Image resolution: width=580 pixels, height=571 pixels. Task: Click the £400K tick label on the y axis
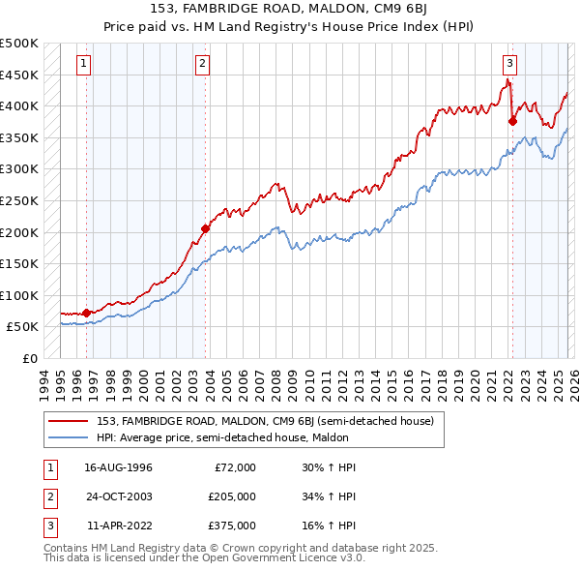pos(19,105)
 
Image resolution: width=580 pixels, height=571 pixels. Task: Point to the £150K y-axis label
pos(19,263)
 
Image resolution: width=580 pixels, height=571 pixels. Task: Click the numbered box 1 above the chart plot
pos(84,65)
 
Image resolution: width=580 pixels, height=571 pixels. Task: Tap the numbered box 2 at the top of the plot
pos(203,65)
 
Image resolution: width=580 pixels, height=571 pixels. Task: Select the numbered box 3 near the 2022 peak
pos(508,65)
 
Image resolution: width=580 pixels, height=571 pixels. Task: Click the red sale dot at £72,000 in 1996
pos(87,313)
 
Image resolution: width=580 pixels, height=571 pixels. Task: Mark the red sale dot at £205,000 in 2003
pos(206,229)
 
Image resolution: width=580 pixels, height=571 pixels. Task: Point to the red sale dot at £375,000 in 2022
pos(512,121)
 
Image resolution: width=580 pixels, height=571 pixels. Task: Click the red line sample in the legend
pos(69,421)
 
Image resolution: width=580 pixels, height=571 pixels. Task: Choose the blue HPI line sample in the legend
pos(69,437)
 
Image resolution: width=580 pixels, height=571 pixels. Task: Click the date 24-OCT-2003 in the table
pos(119,496)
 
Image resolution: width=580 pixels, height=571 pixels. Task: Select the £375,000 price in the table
pos(232,526)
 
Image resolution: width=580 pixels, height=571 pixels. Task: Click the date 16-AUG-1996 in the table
pos(119,467)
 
